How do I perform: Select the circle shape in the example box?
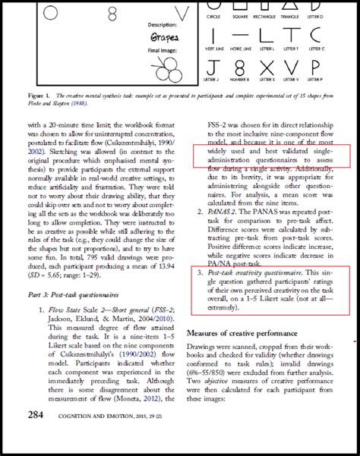click(51, 11)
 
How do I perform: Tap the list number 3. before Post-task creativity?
click(198, 272)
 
